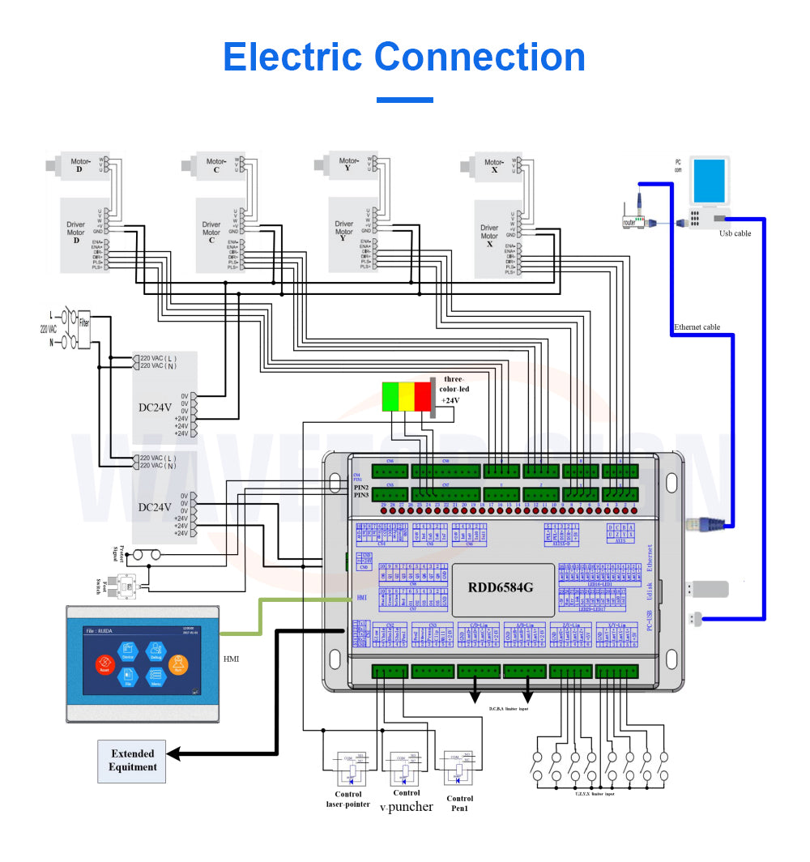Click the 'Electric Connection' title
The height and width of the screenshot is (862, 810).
pos(404,58)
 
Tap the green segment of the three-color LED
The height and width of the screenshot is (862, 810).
pos(390,395)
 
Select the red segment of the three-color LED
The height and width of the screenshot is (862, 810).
pos(423,395)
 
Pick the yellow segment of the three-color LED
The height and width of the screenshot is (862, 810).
pos(406,395)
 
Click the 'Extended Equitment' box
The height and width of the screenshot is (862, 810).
pos(132,761)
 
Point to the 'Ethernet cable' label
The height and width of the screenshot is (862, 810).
pos(697,327)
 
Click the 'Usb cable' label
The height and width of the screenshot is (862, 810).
pos(735,233)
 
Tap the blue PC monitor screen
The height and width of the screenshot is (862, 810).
pos(711,181)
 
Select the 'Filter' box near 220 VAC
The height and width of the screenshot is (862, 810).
pos(84,322)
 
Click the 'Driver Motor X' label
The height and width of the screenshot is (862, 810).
pos(489,236)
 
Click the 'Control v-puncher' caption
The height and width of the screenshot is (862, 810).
pos(406,800)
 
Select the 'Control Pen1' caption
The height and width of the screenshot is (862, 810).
pos(459,804)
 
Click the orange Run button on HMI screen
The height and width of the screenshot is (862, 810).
pos(178,665)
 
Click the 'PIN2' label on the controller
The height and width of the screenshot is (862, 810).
pos(360,487)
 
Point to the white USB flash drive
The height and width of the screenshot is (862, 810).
pos(712,588)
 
